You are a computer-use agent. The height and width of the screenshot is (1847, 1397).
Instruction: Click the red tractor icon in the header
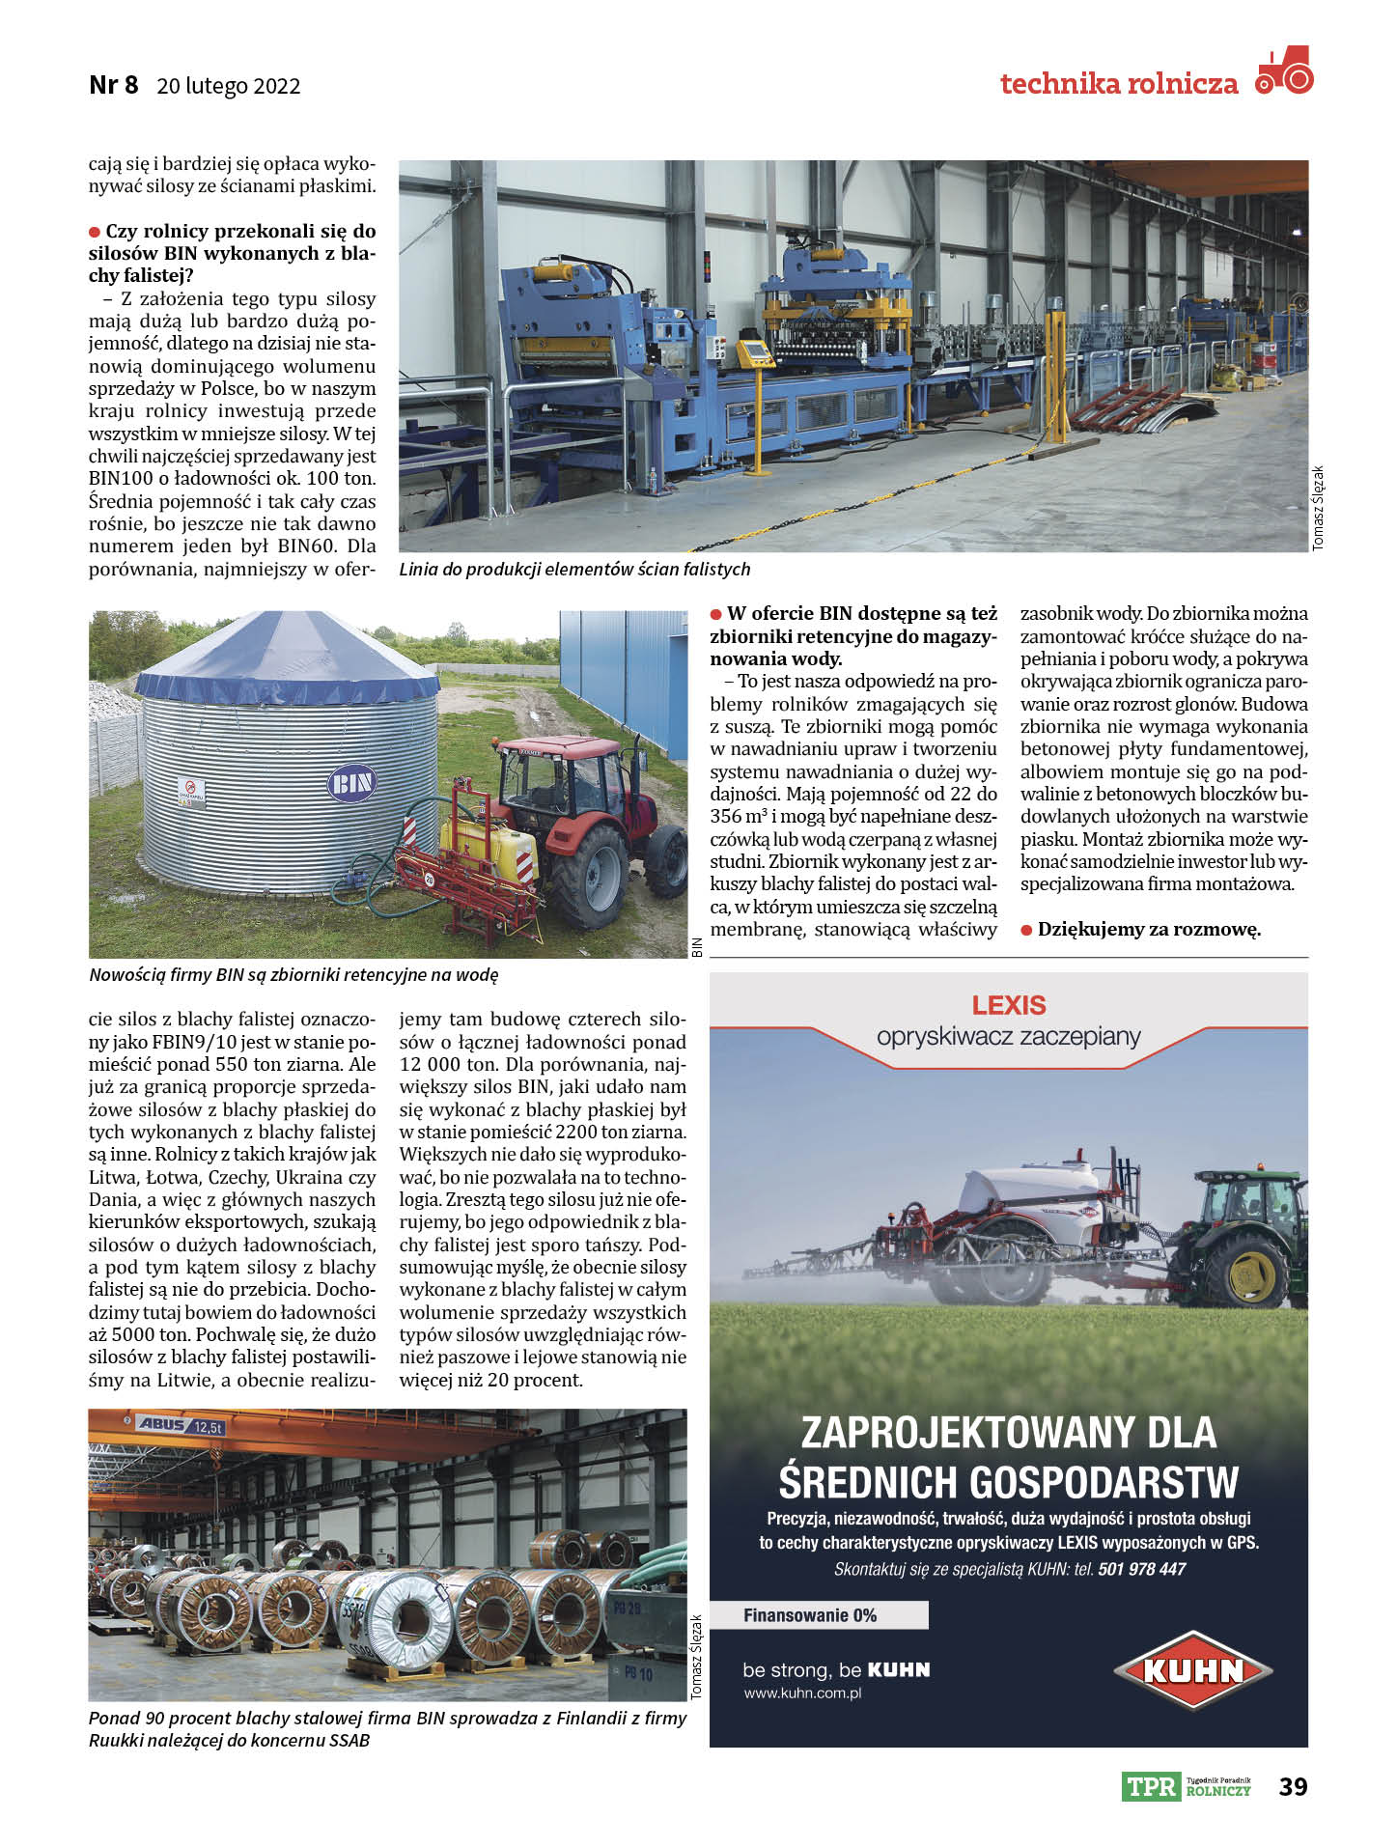pyautogui.click(x=1285, y=70)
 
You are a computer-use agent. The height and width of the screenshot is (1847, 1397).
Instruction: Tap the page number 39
pyautogui.click(x=1293, y=1786)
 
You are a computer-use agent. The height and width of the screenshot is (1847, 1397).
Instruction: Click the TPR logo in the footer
pyautogui.click(x=1152, y=1786)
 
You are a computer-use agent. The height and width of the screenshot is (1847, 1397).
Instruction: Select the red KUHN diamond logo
pyautogui.click(x=1193, y=1670)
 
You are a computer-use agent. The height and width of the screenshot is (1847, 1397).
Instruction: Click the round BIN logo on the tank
pyautogui.click(x=351, y=782)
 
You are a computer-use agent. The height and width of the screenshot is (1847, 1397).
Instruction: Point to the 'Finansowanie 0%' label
pyautogui.click(x=810, y=1615)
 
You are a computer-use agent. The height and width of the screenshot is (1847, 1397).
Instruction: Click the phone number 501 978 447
pyautogui.click(x=1141, y=1569)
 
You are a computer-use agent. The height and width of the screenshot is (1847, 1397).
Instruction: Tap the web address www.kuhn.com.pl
pyautogui.click(x=802, y=1693)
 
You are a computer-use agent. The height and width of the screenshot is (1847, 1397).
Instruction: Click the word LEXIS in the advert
pyautogui.click(x=1009, y=1005)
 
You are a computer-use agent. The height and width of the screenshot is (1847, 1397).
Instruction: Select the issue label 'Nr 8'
pyautogui.click(x=113, y=85)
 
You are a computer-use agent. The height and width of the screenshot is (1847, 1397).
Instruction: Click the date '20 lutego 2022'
pyautogui.click(x=229, y=86)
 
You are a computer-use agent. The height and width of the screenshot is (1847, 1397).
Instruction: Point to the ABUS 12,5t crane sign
pyautogui.click(x=180, y=1425)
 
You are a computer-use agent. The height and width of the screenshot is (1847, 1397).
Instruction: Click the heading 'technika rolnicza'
pyautogui.click(x=1119, y=84)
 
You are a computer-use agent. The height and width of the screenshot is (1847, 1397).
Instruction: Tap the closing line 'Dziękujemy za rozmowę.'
pyautogui.click(x=1149, y=930)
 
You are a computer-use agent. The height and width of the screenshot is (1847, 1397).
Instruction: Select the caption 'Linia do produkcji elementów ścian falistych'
pyautogui.click(x=574, y=570)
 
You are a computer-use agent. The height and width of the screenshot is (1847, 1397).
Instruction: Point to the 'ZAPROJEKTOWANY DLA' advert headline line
pyautogui.click(x=1009, y=1432)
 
